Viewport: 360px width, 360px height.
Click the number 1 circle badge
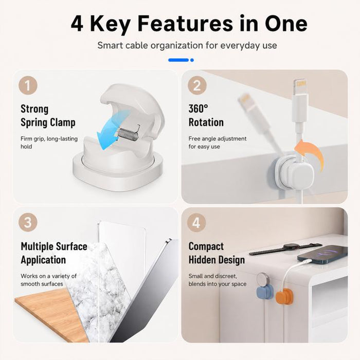point(28,85)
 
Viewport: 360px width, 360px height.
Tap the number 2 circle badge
point(197,85)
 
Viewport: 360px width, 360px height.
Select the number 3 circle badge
point(28,222)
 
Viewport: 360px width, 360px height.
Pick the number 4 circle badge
point(196,222)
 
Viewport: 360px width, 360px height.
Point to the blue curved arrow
point(113,129)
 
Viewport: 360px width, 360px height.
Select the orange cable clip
point(284,296)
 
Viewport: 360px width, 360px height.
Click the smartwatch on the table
point(286,248)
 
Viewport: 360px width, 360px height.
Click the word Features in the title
point(185,24)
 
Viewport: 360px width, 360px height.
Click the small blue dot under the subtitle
point(192,60)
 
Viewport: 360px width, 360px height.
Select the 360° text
point(199,109)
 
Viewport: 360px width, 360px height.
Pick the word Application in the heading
point(43,260)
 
